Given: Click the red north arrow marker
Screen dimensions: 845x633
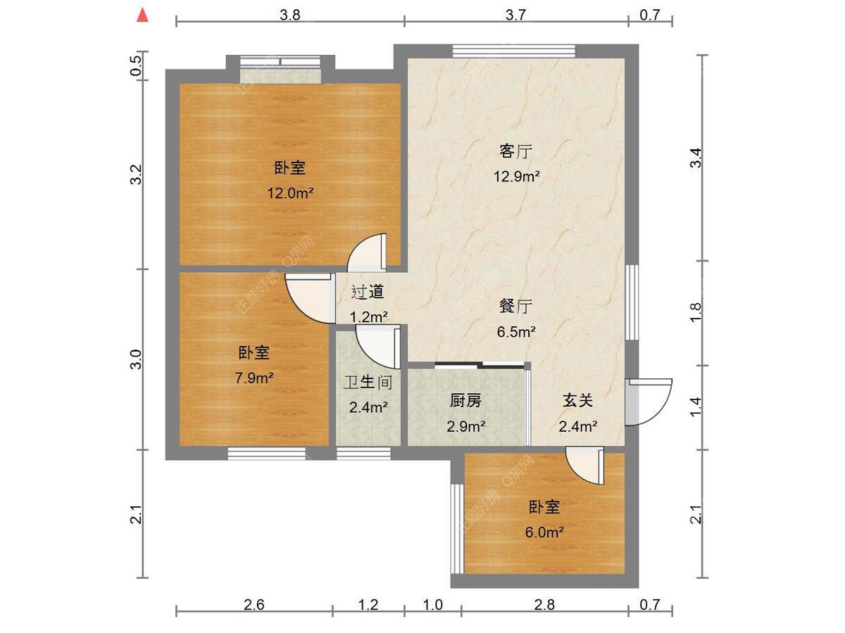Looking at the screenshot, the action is pyautogui.click(x=143, y=15).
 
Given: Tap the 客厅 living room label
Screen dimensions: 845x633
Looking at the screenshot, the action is pyautogui.click(x=516, y=151).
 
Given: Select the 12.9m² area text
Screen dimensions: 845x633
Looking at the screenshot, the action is pyautogui.click(x=517, y=177).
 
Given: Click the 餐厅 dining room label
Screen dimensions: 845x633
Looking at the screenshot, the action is pyautogui.click(x=516, y=307).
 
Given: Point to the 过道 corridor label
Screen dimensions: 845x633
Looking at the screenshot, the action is pyautogui.click(x=368, y=292).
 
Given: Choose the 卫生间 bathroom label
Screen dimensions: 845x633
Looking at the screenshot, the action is pyautogui.click(x=368, y=383).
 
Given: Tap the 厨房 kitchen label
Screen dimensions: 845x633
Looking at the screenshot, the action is pyautogui.click(x=466, y=401).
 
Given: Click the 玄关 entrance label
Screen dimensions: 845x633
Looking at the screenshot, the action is pyautogui.click(x=578, y=401).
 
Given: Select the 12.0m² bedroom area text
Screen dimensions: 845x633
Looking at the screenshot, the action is pyautogui.click(x=290, y=193).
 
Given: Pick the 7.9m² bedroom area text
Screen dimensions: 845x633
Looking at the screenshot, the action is pyautogui.click(x=254, y=378).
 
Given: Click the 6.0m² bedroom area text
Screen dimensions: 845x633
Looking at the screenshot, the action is pyautogui.click(x=544, y=532).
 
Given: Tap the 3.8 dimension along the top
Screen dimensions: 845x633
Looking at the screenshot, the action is pyautogui.click(x=290, y=15).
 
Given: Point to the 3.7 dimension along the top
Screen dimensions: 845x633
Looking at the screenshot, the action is pyautogui.click(x=515, y=15).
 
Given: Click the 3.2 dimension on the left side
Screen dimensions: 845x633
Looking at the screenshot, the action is pyautogui.click(x=137, y=174).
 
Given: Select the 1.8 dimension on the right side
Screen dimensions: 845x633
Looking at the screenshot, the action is pyautogui.click(x=696, y=313).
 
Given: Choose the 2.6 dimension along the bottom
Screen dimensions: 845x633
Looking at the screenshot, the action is pyautogui.click(x=254, y=605).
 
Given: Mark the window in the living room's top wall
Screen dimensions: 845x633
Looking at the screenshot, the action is pyautogui.click(x=514, y=51).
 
